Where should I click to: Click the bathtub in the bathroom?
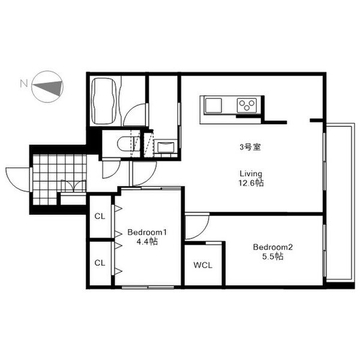pyautogui.click(x=104, y=100)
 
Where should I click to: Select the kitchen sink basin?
pyautogui.click(x=213, y=106)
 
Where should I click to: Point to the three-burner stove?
pyautogui.click(x=247, y=106)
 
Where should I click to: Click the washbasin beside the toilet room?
pyautogui.click(x=166, y=147)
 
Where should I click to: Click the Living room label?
pyautogui.click(x=251, y=173)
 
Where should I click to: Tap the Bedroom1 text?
pyautogui.click(x=147, y=232)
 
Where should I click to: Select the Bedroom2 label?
pyautogui.click(x=273, y=247)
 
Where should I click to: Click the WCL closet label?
pyautogui.click(x=203, y=265)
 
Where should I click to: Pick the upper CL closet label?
pyautogui.click(x=100, y=216)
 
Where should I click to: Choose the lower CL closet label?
pyautogui.click(x=100, y=263)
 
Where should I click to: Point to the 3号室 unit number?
pyautogui.click(x=250, y=147)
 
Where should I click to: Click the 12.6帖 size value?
pyautogui.click(x=251, y=183)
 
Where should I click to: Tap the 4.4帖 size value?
pyautogui.click(x=147, y=242)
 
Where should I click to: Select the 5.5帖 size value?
pyautogui.click(x=273, y=256)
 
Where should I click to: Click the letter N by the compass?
pyautogui.click(x=24, y=83)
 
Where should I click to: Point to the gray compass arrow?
pyautogui.click(x=48, y=88)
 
